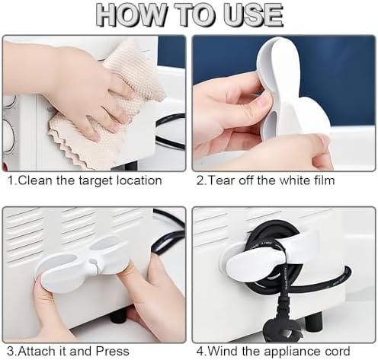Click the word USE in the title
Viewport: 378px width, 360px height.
[x=252, y=14]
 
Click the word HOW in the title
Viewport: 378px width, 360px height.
[x=132, y=14]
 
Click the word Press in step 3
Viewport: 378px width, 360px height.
[x=112, y=352]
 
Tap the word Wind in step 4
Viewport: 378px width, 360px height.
[x=223, y=352]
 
